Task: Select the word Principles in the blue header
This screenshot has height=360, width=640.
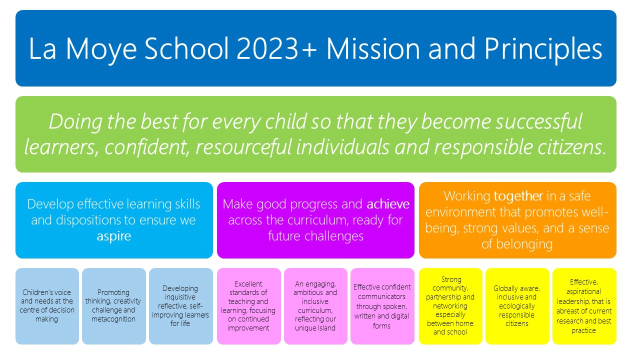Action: tap(543, 50)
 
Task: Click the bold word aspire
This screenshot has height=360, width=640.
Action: tap(113, 236)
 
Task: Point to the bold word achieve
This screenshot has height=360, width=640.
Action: tap(387, 204)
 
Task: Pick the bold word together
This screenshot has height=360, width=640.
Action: tap(518, 196)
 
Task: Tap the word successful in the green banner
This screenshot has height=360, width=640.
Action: tap(539, 121)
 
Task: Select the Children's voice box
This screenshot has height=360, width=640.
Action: tap(47, 306)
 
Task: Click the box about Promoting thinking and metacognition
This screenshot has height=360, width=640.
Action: tap(113, 306)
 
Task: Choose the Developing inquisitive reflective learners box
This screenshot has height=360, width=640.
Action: tap(180, 306)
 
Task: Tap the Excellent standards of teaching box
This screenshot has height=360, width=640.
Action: tap(248, 306)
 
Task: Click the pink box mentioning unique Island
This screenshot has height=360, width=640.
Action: tap(315, 306)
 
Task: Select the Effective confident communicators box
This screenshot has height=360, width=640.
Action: tap(382, 306)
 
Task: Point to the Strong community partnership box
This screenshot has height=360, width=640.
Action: tap(450, 306)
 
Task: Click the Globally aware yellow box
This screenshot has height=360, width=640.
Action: tap(517, 306)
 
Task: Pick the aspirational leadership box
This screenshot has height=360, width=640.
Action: tap(584, 306)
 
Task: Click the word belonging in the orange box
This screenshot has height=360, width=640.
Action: tap(524, 244)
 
